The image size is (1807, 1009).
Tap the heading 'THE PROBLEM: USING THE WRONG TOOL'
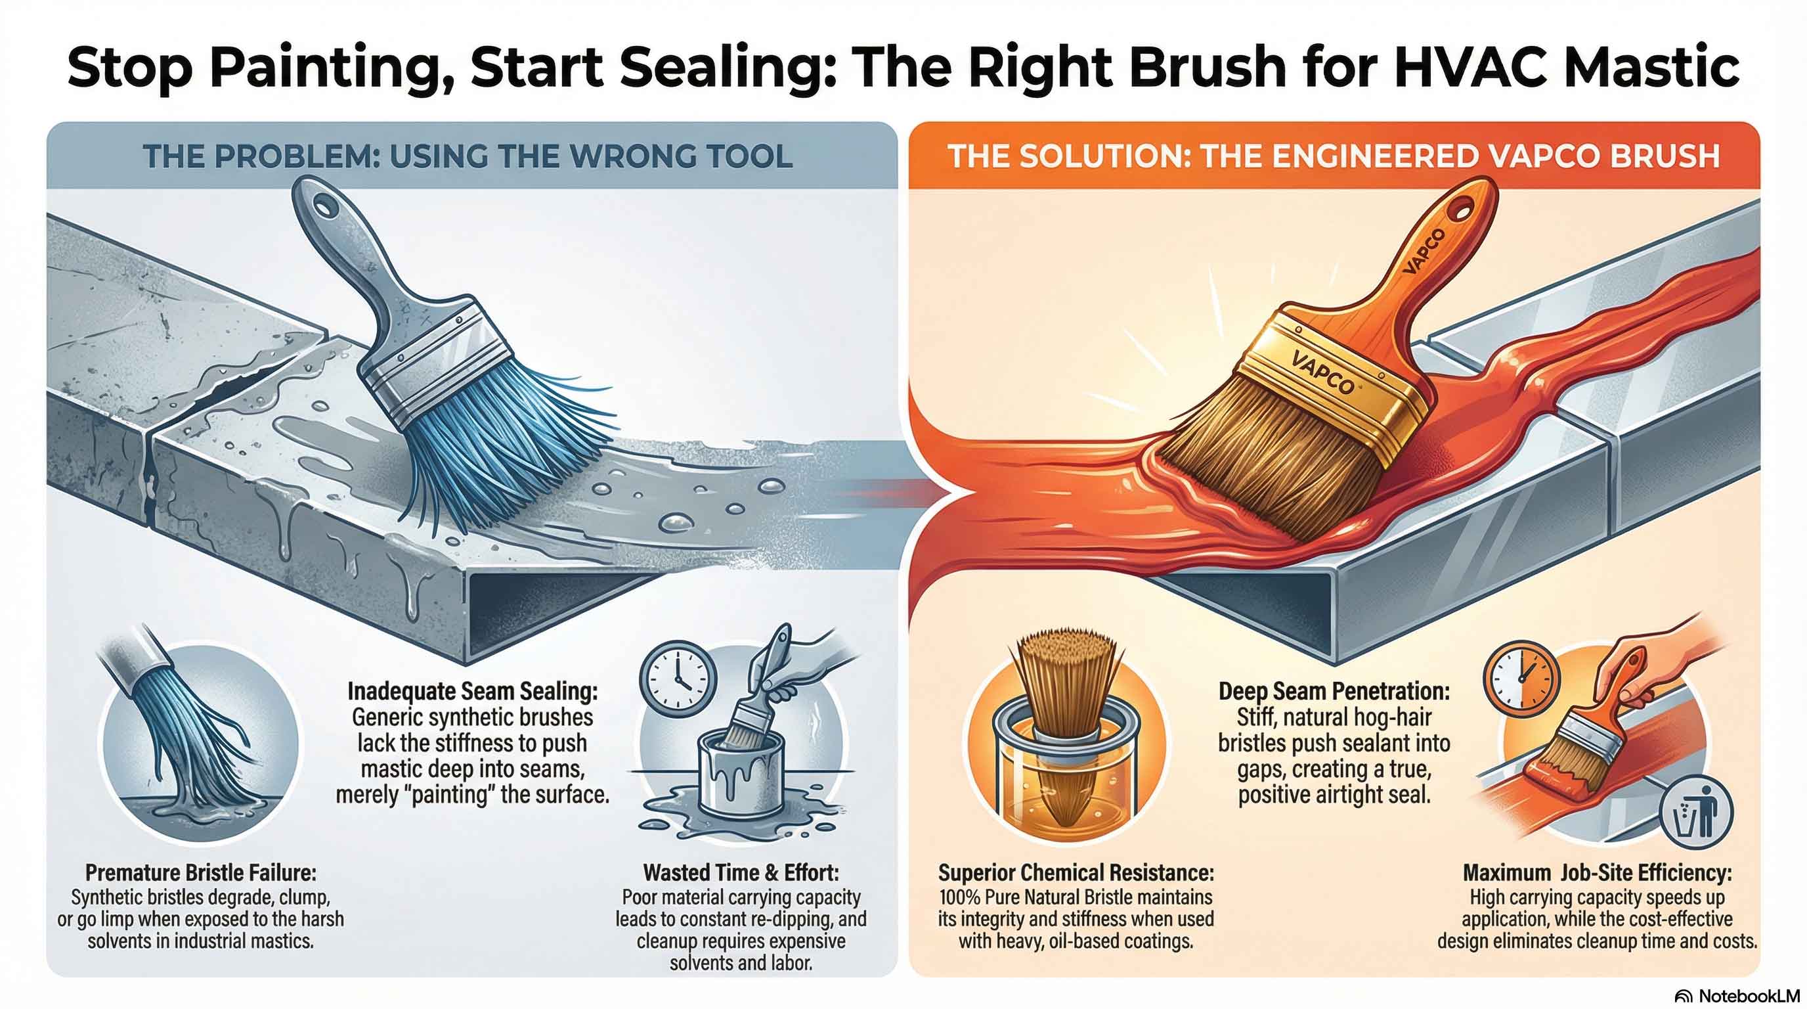[x=468, y=156]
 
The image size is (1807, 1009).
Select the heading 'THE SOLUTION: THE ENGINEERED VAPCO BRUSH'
[x=1334, y=156]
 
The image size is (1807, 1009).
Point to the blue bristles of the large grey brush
[x=491, y=449]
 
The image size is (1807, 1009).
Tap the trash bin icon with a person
[x=1696, y=813]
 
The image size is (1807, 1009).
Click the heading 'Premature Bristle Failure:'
[x=201, y=872]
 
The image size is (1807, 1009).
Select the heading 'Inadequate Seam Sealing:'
[x=473, y=691]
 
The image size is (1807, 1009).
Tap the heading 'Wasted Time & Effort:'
[x=741, y=872]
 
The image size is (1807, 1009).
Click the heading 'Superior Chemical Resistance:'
[x=1076, y=872]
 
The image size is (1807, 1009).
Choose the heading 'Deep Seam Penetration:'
[x=1334, y=691]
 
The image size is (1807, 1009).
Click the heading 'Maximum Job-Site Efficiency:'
[x=1598, y=872]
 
